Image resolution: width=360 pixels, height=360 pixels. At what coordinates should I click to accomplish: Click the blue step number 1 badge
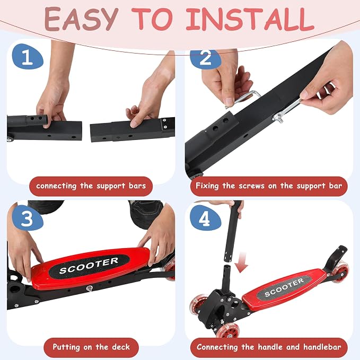click(28, 57)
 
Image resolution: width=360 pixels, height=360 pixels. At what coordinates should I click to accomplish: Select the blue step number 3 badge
click(28, 218)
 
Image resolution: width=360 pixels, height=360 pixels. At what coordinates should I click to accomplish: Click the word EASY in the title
click(81, 19)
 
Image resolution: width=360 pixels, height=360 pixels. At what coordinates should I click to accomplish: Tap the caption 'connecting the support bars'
click(91, 186)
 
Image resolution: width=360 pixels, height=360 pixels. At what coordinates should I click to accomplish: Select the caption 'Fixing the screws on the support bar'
click(269, 186)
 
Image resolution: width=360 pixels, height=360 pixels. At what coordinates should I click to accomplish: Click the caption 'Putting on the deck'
click(91, 347)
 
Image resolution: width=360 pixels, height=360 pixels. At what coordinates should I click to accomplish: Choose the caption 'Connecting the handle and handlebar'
click(269, 347)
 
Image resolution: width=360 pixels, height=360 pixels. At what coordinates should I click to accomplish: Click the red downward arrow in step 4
click(241, 262)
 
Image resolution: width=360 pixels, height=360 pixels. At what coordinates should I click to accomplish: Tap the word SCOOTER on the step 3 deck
click(89, 266)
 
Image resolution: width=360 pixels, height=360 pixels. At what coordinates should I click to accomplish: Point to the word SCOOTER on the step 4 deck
click(284, 287)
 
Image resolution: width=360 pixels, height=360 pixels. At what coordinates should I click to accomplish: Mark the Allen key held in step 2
click(243, 99)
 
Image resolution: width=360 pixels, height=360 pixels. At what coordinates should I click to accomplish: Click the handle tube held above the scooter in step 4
click(233, 232)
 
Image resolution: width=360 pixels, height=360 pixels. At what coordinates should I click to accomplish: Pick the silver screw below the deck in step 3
click(89, 288)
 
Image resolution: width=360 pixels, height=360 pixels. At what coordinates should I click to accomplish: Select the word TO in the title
click(152, 19)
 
